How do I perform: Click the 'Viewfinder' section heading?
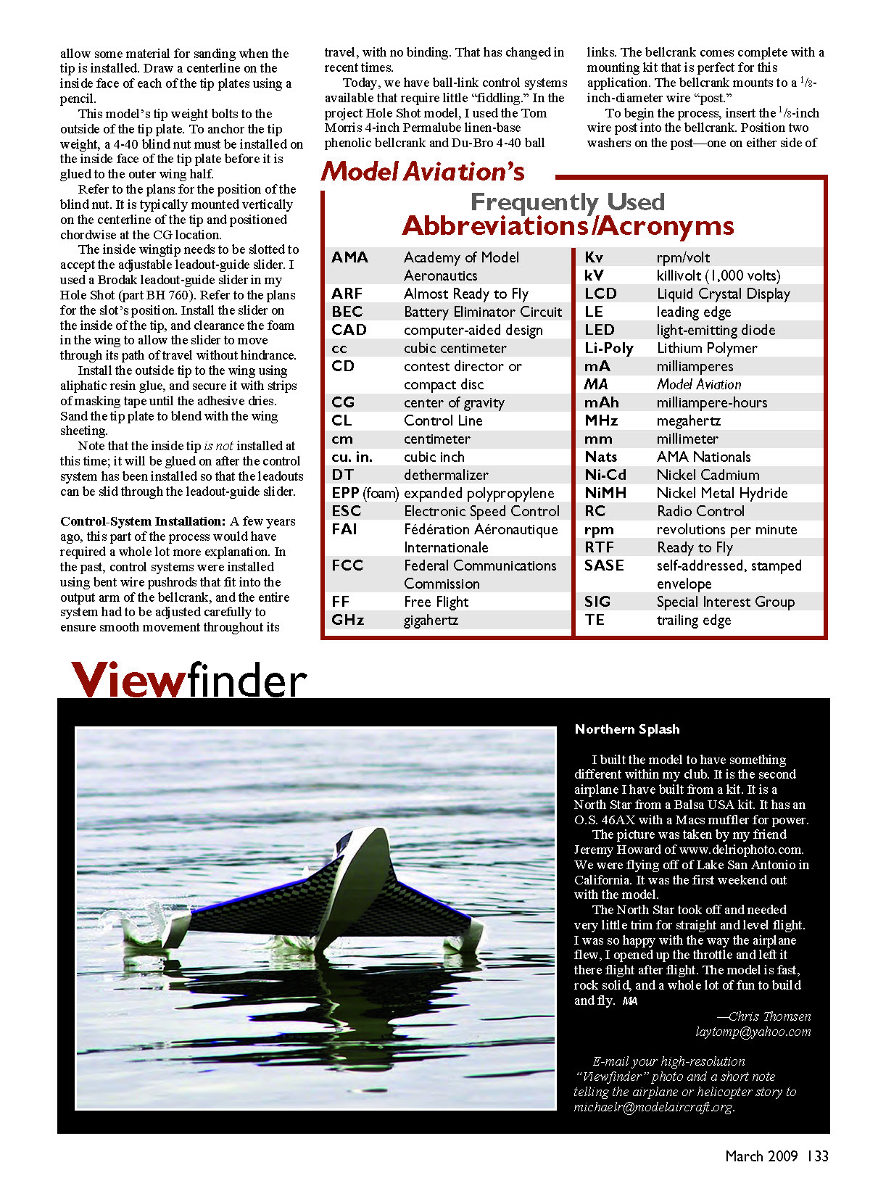point(189,680)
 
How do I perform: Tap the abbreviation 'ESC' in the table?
point(346,511)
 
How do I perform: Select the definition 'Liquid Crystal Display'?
point(723,294)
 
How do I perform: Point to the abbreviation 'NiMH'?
point(605,493)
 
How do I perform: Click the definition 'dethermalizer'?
point(446,475)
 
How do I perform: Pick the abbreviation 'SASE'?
point(604,565)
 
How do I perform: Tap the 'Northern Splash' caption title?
point(627,729)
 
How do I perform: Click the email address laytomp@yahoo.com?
point(753,1032)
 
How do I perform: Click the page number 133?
point(818,1156)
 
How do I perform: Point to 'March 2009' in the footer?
point(761,1156)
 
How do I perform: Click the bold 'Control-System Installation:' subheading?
point(144,521)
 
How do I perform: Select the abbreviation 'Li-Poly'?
point(609,348)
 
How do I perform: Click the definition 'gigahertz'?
point(431,620)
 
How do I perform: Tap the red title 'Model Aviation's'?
point(423,172)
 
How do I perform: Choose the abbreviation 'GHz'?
point(347,620)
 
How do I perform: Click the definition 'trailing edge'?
point(693,620)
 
